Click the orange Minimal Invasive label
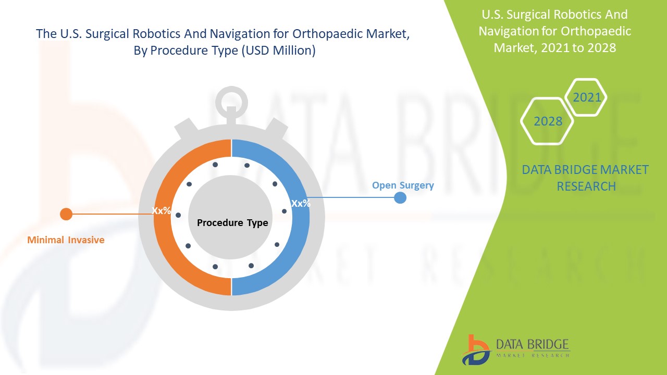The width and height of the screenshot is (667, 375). click(x=66, y=240)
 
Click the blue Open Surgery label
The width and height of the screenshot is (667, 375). click(x=403, y=185)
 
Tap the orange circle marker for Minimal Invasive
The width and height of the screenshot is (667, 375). click(x=66, y=214)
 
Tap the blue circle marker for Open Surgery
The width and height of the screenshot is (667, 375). click(x=400, y=197)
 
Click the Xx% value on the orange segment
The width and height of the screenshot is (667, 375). click(x=161, y=211)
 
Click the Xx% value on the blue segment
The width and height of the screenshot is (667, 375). click(x=301, y=204)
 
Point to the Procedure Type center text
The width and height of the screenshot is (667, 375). click(x=232, y=223)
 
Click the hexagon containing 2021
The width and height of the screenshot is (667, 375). click(x=587, y=97)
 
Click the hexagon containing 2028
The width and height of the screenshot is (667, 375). click(x=548, y=121)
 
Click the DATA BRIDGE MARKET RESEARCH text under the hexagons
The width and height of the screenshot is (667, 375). click(x=585, y=178)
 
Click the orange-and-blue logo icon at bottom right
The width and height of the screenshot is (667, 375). click(x=476, y=349)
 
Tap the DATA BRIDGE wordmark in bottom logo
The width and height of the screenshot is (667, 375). click(x=532, y=345)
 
